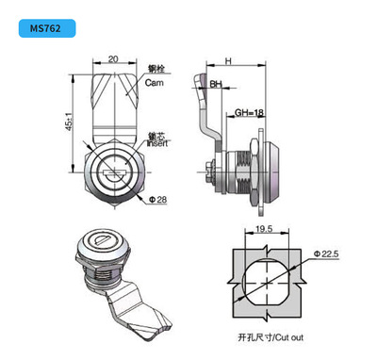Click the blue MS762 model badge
click(47, 28)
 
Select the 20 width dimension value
click(113, 59)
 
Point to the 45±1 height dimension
click(70, 122)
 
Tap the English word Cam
click(155, 83)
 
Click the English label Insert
click(157, 143)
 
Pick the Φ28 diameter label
click(157, 200)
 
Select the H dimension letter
click(228, 61)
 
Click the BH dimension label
click(216, 84)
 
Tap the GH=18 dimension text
click(249, 112)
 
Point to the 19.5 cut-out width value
click(264, 229)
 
